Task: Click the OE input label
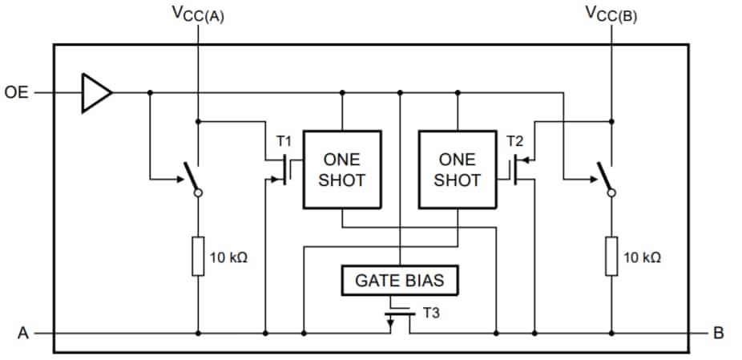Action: coord(16,92)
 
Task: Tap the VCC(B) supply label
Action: coord(611,14)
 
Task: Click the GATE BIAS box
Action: coord(399,281)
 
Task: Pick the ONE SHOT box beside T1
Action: coord(342,169)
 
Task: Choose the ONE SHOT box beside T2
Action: coord(457,169)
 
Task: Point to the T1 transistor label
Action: coord(284,141)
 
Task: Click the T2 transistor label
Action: coord(515,141)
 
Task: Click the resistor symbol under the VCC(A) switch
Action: coord(198,257)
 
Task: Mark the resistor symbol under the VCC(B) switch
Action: coord(611,257)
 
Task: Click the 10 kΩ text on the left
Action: coord(228,258)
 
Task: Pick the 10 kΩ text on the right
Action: coord(641,258)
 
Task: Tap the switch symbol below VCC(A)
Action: coord(192,177)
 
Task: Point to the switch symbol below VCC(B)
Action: coord(605,177)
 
